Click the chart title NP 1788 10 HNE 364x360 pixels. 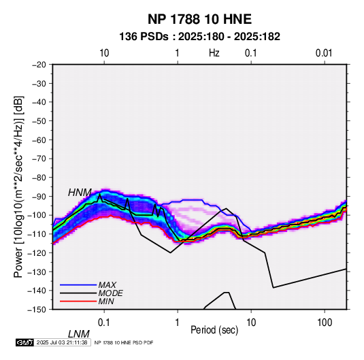click(x=199, y=19)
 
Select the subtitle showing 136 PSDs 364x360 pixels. click(x=199, y=37)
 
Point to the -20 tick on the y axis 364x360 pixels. click(x=39, y=65)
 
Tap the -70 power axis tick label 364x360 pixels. click(x=39, y=159)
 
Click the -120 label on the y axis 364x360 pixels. click(x=37, y=252)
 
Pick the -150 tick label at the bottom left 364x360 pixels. click(x=37, y=310)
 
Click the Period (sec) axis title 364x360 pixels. click(x=214, y=330)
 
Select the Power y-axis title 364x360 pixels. click(x=18, y=186)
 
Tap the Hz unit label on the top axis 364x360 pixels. click(x=214, y=53)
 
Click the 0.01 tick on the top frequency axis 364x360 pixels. click(x=324, y=53)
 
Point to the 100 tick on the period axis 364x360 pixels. click(x=325, y=323)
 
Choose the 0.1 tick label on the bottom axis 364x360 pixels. click(x=104, y=323)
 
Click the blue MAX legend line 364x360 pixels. click(x=78, y=285)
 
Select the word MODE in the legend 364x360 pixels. click(x=110, y=293)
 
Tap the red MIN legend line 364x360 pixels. click(x=78, y=301)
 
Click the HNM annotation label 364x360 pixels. click(x=80, y=193)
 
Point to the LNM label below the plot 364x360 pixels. click(x=79, y=334)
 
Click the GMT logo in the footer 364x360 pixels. click(x=24, y=342)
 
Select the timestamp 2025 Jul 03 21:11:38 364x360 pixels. click(x=62, y=342)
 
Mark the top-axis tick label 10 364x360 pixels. click(x=104, y=53)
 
